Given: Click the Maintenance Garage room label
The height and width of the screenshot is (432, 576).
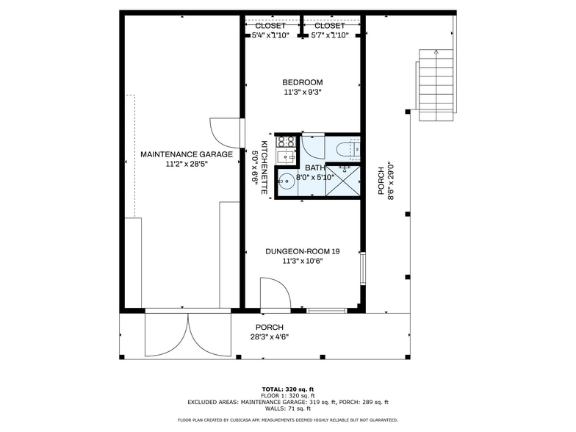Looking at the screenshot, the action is tap(187, 154).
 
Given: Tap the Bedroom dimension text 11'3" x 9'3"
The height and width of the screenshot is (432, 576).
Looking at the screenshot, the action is tap(303, 93).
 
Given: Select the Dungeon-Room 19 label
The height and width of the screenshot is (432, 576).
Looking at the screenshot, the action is tap(303, 251).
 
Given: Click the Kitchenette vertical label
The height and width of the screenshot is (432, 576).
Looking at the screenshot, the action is tap(264, 168).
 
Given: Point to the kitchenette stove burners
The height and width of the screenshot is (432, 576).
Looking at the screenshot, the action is tap(286, 141).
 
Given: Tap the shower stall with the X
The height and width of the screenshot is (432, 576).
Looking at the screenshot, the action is tap(342, 181).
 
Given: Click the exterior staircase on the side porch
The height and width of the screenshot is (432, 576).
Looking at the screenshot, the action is tap(436, 85).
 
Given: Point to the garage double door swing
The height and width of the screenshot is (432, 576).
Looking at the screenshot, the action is tap(188, 335).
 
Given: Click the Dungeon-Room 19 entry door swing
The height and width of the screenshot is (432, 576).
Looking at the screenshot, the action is tap(275, 292).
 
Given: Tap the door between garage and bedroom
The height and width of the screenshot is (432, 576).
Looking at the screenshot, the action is tap(225, 132).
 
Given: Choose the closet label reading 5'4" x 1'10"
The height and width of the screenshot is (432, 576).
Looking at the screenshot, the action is tap(270, 35).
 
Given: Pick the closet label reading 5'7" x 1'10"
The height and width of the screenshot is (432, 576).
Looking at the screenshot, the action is tap(330, 35).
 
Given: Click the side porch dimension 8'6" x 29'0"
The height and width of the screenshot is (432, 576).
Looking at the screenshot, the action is tap(392, 181).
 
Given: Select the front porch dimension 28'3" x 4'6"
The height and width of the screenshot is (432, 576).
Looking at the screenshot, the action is tap(270, 336).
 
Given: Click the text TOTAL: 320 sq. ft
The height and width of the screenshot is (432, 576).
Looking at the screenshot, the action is tap(288, 389).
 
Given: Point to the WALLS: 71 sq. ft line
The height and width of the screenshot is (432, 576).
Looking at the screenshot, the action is tap(288, 408).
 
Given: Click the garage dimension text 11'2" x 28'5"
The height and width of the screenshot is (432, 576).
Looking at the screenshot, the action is tap(187, 165).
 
